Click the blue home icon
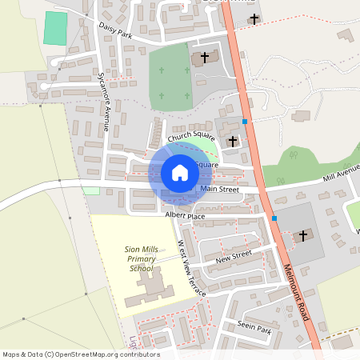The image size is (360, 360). click(x=179, y=173)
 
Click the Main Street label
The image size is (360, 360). click(x=220, y=190)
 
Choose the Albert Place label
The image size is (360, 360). click(x=185, y=216)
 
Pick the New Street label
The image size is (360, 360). click(x=234, y=257)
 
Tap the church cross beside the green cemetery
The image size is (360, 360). click(x=204, y=58)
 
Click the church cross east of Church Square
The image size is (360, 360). click(x=233, y=141)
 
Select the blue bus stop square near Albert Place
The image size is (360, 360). click(x=274, y=218)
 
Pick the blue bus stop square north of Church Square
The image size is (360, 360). click(x=245, y=122)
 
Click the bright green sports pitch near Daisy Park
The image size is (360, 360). click(x=55, y=28)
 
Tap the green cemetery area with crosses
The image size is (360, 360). click(x=169, y=76)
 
